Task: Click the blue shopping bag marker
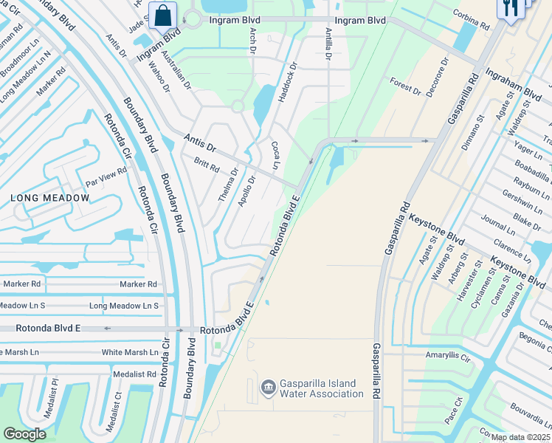click(162, 14)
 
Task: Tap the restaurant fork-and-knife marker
click(511, 9)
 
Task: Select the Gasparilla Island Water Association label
click(322, 388)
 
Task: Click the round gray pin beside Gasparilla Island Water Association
click(267, 386)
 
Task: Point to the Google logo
click(24, 433)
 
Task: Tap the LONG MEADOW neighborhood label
click(50, 198)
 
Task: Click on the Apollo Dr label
click(247, 190)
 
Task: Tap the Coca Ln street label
click(275, 155)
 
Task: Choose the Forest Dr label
click(405, 86)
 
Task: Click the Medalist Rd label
click(134, 374)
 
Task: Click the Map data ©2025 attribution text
click(520, 437)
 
